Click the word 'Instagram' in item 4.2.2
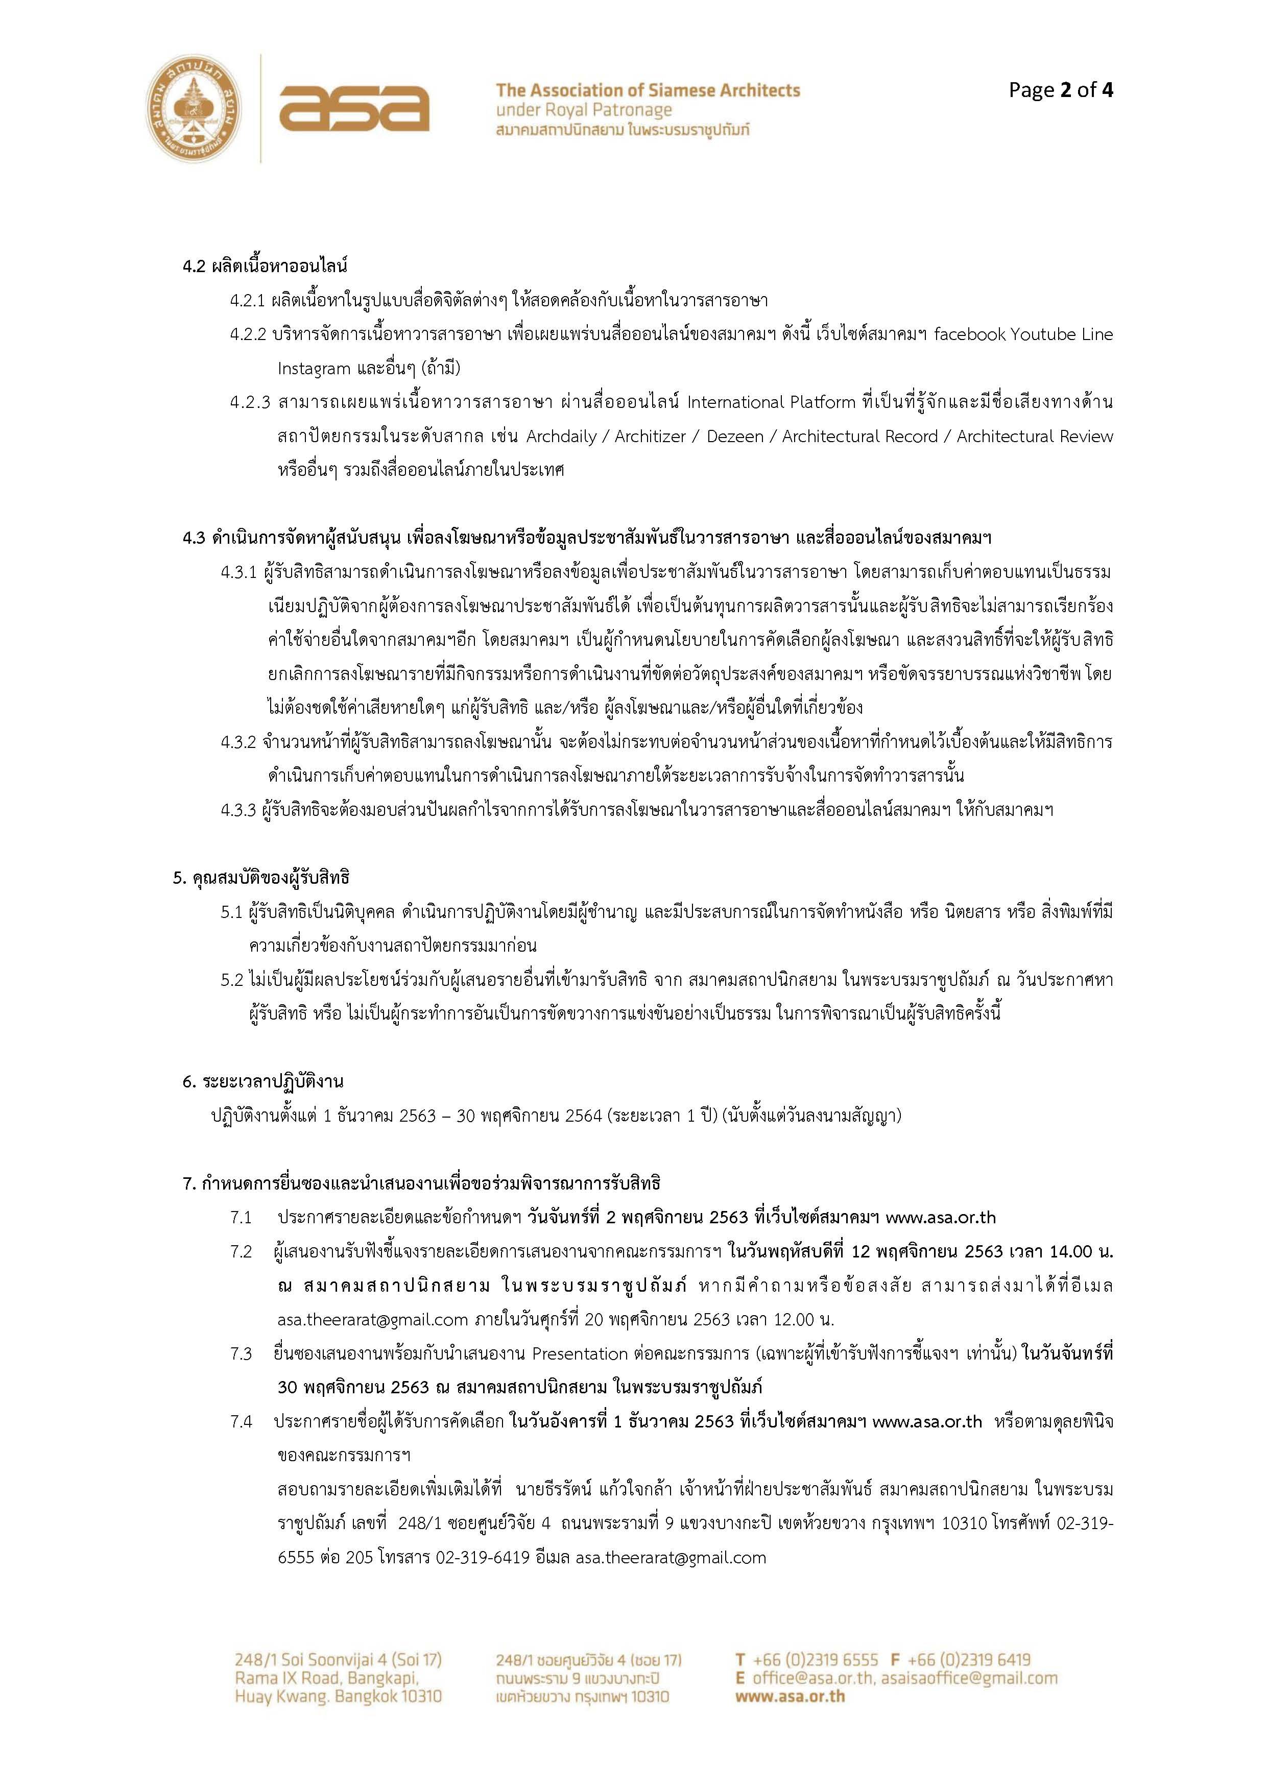[x=314, y=368]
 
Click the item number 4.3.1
[x=238, y=572]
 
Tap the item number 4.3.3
[x=238, y=810]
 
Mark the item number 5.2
[x=232, y=980]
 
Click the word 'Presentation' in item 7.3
[x=580, y=1353]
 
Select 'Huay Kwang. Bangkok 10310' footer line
[x=338, y=1696]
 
